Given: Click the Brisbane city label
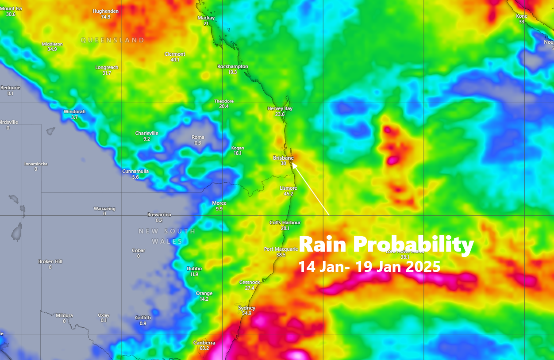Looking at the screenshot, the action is (x=283, y=158).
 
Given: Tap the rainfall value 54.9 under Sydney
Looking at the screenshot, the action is (x=246, y=313).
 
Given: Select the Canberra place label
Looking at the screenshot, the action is (x=204, y=343).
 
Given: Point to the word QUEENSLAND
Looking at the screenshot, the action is (x=112, y=40).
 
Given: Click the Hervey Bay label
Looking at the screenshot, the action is (x=280, y=108).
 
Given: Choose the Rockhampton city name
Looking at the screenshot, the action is (x=232, y=66).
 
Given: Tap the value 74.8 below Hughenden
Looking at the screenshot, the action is (x=105, y=17).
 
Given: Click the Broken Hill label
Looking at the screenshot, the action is (x=50, y=261).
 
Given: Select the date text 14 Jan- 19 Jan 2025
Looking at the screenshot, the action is (x=369, y=267).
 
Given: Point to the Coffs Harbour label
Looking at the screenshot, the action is (x=285, y=222).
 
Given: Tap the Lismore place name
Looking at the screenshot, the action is (x=288, y=188).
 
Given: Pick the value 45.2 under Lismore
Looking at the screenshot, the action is (x=288, y=194).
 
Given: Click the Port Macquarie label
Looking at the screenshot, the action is (x=281, y=249).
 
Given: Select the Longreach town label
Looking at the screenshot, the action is (x=107, y=68).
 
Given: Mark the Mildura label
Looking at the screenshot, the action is (x=64, y=315).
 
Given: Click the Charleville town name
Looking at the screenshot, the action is (x=146, y=133).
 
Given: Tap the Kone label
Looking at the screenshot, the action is (x=521, y=16).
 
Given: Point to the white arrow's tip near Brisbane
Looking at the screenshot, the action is (x=293, y=164).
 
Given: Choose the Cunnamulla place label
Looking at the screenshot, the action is (x=135, y=171).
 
